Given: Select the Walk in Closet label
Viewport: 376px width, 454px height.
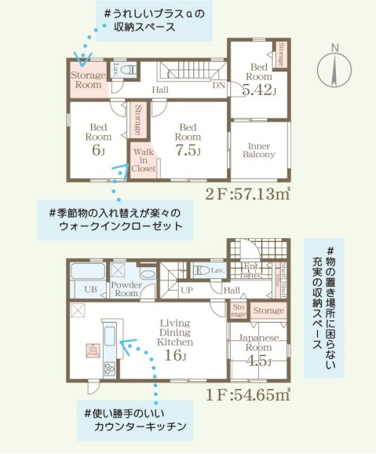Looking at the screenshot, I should coord(143,160).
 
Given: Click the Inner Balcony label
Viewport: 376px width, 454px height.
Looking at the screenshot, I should coord(259,151).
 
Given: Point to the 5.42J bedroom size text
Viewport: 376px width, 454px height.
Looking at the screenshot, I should coord(259,90).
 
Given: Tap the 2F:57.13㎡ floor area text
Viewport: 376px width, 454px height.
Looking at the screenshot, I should coord(250,193).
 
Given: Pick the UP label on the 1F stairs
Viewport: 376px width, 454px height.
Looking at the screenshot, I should coord(187,289).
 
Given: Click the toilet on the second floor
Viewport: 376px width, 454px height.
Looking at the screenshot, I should coord(130,70).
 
